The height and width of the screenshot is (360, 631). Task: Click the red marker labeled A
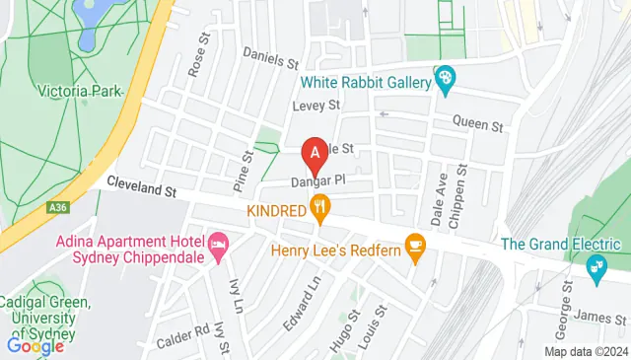coord(315,154)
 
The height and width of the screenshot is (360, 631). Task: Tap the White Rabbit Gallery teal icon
coord(445,78)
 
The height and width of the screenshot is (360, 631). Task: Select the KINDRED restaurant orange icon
coord(318,208)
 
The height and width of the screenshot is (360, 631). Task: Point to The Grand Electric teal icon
coord(595,266)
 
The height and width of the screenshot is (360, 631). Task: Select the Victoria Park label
coord(79,92)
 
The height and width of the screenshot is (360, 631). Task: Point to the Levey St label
coord(315,105)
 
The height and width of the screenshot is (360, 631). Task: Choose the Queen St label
coord(478,125)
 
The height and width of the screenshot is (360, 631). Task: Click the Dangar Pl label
coord(316,181)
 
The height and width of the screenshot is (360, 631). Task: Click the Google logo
coord(35,346)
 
